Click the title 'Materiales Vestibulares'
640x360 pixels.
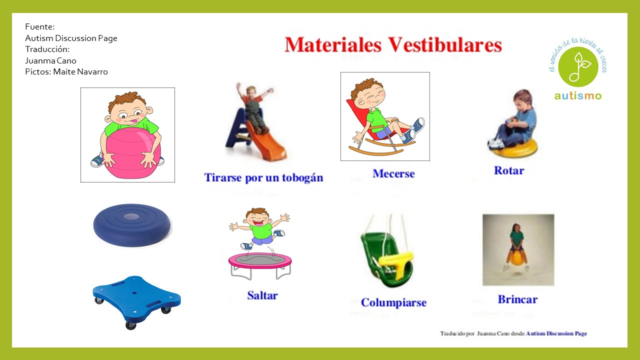[393, 45]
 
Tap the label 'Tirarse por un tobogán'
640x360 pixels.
[263, 177]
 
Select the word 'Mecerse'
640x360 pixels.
[393, 174]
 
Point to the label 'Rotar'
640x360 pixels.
[508, 170]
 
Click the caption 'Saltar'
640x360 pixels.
[262, 295]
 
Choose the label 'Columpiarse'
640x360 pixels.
[393, 302]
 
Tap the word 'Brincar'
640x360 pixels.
[517, 299]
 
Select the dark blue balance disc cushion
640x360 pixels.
[132, 224]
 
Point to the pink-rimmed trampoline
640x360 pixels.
[260, 261]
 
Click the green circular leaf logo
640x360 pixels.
[577, 66]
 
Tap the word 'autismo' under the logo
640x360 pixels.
[577, 95]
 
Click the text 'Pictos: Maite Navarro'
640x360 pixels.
[66, 71]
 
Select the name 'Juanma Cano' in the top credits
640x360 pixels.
[50, 60]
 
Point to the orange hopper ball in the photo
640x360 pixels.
[517, 257]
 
